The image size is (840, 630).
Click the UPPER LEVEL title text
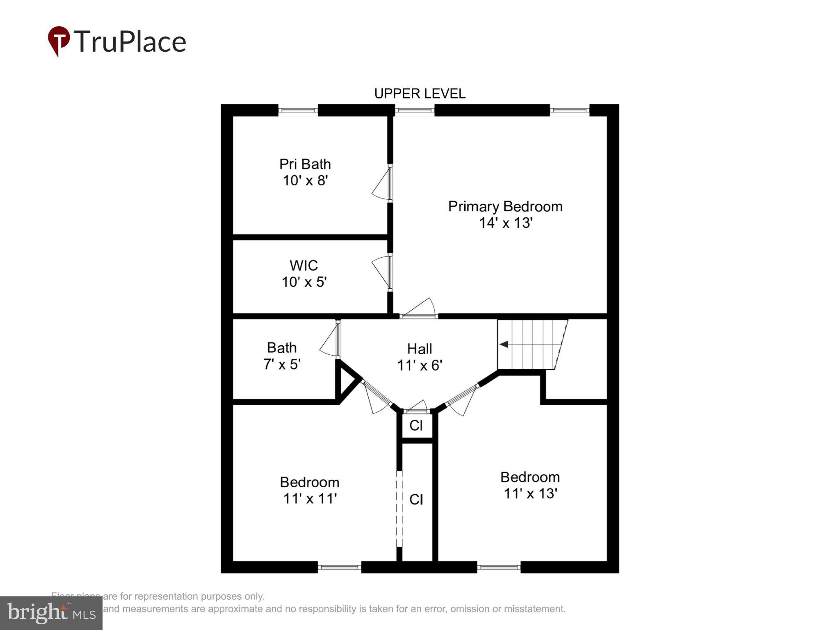(x=420, y=94)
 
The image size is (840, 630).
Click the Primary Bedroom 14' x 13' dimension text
(x=505, y=223)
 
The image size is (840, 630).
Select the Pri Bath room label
(x=305, y=164)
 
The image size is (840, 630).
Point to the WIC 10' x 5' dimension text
(x=304, y=282)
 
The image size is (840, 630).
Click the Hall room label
(x=419, y=349)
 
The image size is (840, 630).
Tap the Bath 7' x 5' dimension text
(x=282, y=364)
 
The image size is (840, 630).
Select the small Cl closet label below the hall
(x=416, y=425)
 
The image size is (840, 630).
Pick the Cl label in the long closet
(x=416, y=499)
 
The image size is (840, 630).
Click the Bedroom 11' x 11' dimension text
(x=310, y=498)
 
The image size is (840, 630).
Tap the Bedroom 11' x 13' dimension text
(x=530, y=493)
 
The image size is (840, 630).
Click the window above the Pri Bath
(x=298, y=110)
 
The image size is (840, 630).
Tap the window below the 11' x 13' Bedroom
(x=498, y=567)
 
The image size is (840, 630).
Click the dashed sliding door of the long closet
(x=399, y=509)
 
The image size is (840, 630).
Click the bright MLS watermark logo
(x=51, y=613)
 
